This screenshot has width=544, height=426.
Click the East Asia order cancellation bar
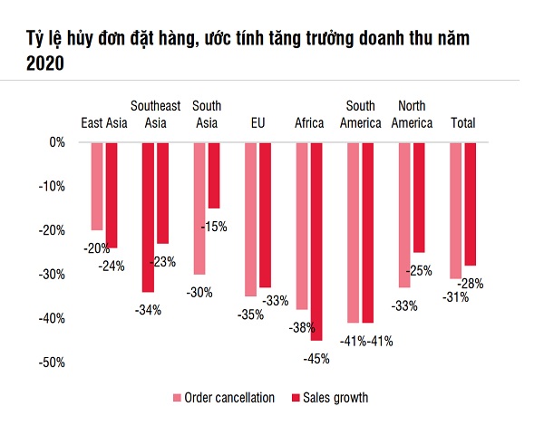click(96, 186)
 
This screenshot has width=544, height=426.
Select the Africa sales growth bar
click(316, 240)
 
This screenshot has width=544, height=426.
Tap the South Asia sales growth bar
click(214, 175)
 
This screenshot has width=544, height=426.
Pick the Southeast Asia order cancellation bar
click(148, 217)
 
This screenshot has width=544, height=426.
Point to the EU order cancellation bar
click(250, 218)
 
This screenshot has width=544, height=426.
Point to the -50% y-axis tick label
click(53, 363)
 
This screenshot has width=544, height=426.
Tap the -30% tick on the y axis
click(53, 275)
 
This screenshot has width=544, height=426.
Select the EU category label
click(257, 122)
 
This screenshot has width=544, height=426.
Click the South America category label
click(360, 115)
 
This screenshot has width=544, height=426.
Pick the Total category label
click(463, 122)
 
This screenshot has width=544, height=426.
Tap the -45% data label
click(316, 358)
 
